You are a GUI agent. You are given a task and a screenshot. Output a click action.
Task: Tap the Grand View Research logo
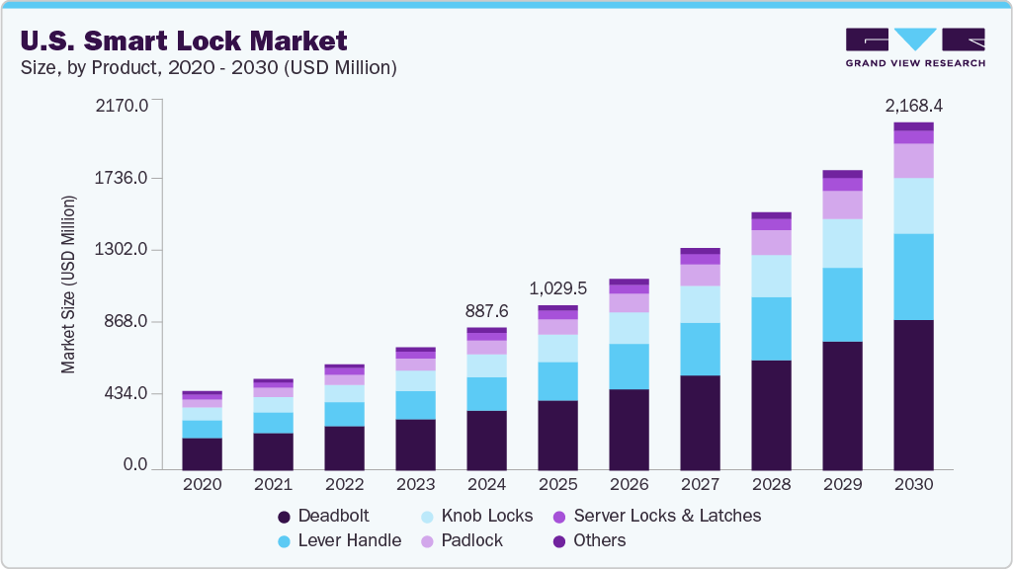click(x=914, y=47)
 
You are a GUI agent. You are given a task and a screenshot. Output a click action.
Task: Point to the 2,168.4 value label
click(x=913, y=105)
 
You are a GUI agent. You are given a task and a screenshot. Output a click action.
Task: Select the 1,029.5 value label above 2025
click(x=558, y=288)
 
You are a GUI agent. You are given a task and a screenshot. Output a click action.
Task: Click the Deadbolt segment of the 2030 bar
click(x=913, y=393)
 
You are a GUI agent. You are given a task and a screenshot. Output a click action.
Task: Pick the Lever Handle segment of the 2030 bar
click(x=913, y=277)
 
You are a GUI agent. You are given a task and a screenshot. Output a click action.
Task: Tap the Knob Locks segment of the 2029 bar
click(x=842, y=243)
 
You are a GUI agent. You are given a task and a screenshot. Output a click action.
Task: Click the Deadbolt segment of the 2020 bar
click(x=202, y=451)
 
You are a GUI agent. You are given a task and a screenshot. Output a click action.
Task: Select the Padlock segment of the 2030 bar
click(x=913, y=160)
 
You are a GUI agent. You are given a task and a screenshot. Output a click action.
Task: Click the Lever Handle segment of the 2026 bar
click(x=629, y=366)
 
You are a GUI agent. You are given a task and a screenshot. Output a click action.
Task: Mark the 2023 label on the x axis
click(x=415, y=485)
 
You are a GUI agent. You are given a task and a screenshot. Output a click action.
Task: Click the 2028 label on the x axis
click(x=771, y=485)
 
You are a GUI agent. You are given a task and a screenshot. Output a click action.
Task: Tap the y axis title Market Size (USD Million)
click(x=68, y=284)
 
